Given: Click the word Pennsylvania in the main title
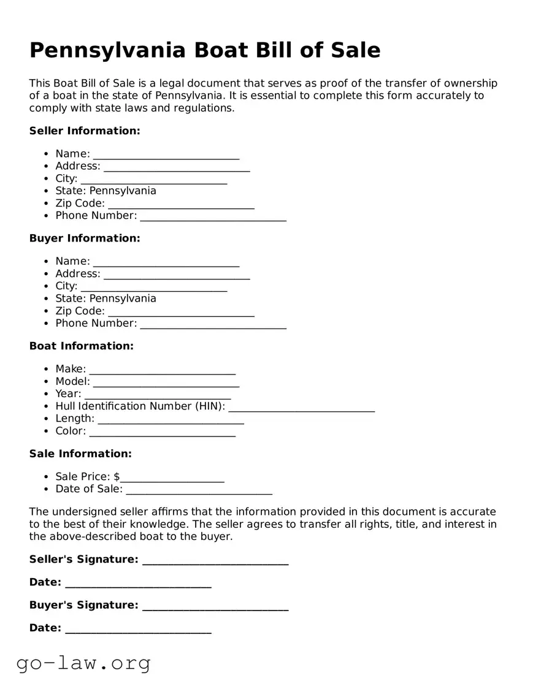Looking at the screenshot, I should click(x=109, y=50).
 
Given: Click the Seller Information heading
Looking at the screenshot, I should click(x=85, y=131).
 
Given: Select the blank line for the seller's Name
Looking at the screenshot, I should click(x=166, y=154).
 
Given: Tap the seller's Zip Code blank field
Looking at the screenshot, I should click(x=181, y=204).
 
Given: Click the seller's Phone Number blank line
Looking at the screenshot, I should click(x=213, y=216).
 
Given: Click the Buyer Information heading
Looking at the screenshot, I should click(x=85, y=238).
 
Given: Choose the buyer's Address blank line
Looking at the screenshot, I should click(x=177, y=275).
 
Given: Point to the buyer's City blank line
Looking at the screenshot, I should click(x=153, y=287).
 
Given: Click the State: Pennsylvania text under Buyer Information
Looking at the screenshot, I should click(x=105, y=299).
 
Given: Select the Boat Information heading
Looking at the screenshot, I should click(x=82, y=346).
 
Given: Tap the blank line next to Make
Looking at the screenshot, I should click(x=162, y=370).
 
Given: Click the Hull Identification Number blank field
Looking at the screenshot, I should click(x=301, y=407).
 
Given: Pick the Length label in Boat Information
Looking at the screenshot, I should click(x=74, y=419).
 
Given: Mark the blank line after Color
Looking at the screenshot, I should click(x=162, y=432).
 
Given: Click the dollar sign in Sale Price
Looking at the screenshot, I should click(x=117, y=477).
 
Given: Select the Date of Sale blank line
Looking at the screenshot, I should click(x=198, y=490).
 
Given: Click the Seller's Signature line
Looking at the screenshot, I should click(x=215, y=560).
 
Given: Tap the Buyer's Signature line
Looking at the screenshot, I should click(x=215, y=606).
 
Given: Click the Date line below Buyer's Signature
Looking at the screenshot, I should click(x=138, y=629).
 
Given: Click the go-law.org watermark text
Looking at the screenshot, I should click(x=83, y=663).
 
